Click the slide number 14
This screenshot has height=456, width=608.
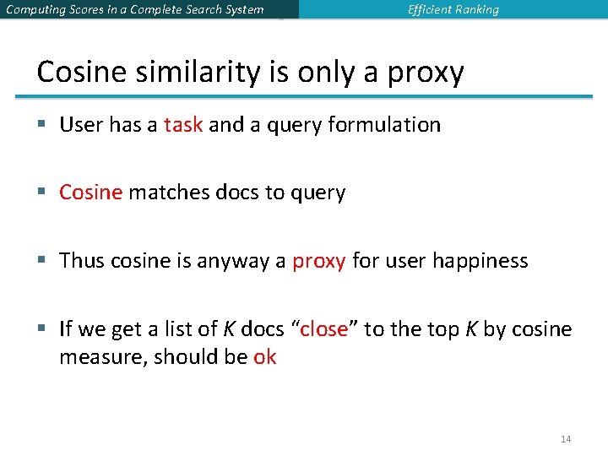point(566,439)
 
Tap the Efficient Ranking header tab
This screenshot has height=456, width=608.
point(453,10)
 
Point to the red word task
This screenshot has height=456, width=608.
point(183,125)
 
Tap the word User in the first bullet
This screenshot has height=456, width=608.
point(81,125)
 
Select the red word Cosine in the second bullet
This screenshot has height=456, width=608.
point(91,193)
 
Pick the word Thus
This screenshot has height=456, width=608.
point(82,261)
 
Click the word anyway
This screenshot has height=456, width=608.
point(233,262)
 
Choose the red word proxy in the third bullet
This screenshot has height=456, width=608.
point(318,262)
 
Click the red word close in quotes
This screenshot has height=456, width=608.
point(323,329)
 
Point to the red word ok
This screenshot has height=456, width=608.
point(264,357)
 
